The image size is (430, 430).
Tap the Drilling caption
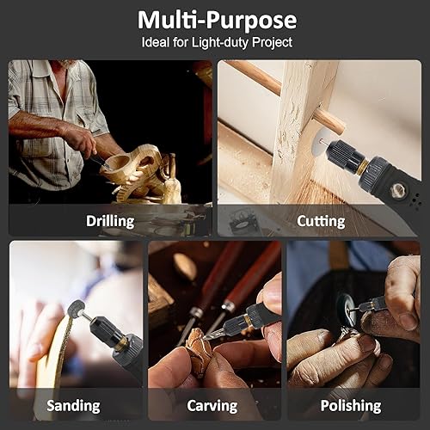pyautogui.click(x=110, y=221)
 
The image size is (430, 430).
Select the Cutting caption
pyautogui.click(x=321, y=221)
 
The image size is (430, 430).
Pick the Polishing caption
pyautogui.click(x=351, y=405)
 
